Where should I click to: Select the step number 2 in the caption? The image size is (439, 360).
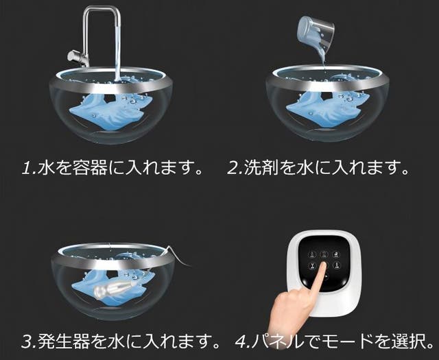tap(233, 168)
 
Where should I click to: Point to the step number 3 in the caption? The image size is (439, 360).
tap(27, 341)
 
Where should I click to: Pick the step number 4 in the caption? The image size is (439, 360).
tap(241, 341)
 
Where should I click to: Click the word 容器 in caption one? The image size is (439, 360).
tap(90, 168)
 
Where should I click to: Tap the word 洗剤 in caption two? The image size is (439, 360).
tap(261, 168)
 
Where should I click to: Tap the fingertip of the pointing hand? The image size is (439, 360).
tap(324, 265)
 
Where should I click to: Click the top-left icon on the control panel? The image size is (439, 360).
tap(312, 254)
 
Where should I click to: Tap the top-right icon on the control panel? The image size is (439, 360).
tap(335, 254)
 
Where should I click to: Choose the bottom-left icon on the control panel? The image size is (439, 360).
tap(312, 265)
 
